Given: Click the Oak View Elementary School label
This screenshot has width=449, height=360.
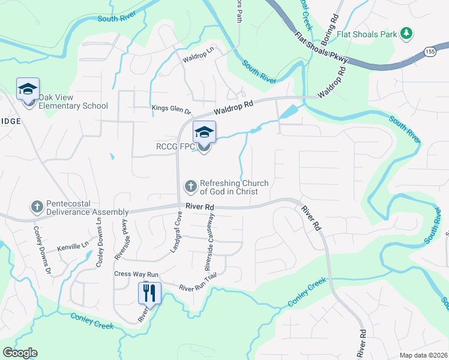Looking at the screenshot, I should pos(73,101).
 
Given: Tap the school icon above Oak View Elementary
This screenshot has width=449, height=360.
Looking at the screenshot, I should pos(28,89).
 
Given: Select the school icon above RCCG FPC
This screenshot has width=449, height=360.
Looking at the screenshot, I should pos(204,132).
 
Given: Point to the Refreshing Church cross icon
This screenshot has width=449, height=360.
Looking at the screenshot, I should pos(190,187).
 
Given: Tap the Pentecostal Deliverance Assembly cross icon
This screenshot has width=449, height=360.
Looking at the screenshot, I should pos(37,207).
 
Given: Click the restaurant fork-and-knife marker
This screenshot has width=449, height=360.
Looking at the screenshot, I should pos(149,293).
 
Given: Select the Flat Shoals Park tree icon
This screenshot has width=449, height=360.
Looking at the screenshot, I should pos(406,34).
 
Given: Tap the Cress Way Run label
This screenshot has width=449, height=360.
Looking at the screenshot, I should pos(136,274).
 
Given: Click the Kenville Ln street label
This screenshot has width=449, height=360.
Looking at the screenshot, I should pos(73,245).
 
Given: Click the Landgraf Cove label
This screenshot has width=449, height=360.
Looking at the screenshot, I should pos(176,232).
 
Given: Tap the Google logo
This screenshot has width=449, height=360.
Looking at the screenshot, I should pos(20,353).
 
